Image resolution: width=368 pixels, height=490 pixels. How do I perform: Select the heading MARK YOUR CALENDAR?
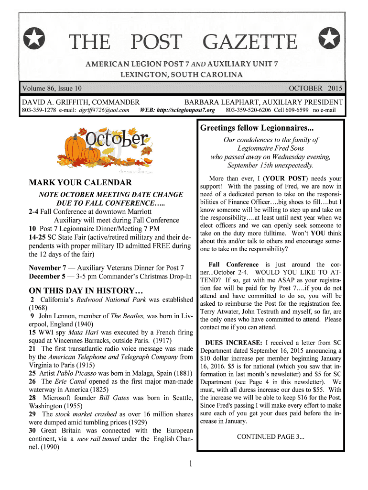tap(80, 182)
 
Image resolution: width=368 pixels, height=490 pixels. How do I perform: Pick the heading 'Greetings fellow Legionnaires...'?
tap(257, 128)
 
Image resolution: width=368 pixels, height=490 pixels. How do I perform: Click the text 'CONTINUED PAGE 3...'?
tap(271, 436)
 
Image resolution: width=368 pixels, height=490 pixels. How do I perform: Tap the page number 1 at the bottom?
tap(190, 464)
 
